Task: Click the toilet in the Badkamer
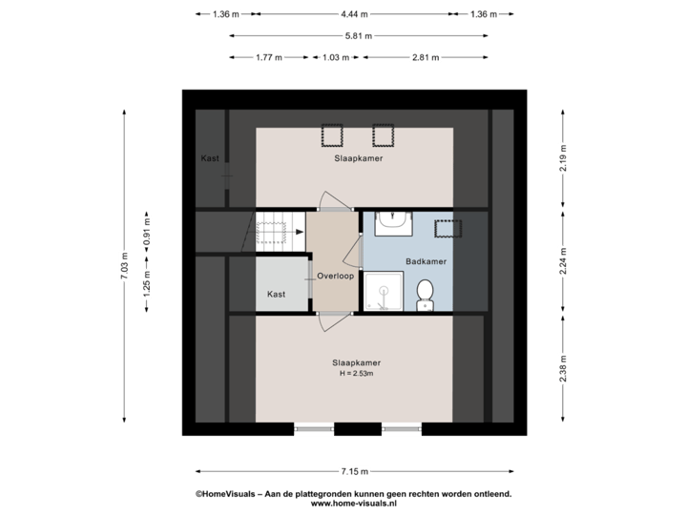(425, 295)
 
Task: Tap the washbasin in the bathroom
(393, 223)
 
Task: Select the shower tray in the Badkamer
(384, 291)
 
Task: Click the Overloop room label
(335, 276)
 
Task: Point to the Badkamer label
(426, 261)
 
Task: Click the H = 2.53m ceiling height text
(357, 374)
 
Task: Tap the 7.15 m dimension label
(355, 472)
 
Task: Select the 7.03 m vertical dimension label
(124, 265)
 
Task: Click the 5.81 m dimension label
(359, 36)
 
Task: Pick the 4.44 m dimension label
(354, 14)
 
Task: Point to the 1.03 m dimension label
(336, 57)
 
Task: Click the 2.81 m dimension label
(426, 57)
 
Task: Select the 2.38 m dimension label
(563, 368)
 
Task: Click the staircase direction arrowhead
(301, 232)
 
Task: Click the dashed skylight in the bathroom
(448, 229)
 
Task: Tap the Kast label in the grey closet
(276, 295)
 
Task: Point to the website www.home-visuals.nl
(354, 504)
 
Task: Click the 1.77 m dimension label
(269, 57)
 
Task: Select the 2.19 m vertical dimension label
(563, 158)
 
